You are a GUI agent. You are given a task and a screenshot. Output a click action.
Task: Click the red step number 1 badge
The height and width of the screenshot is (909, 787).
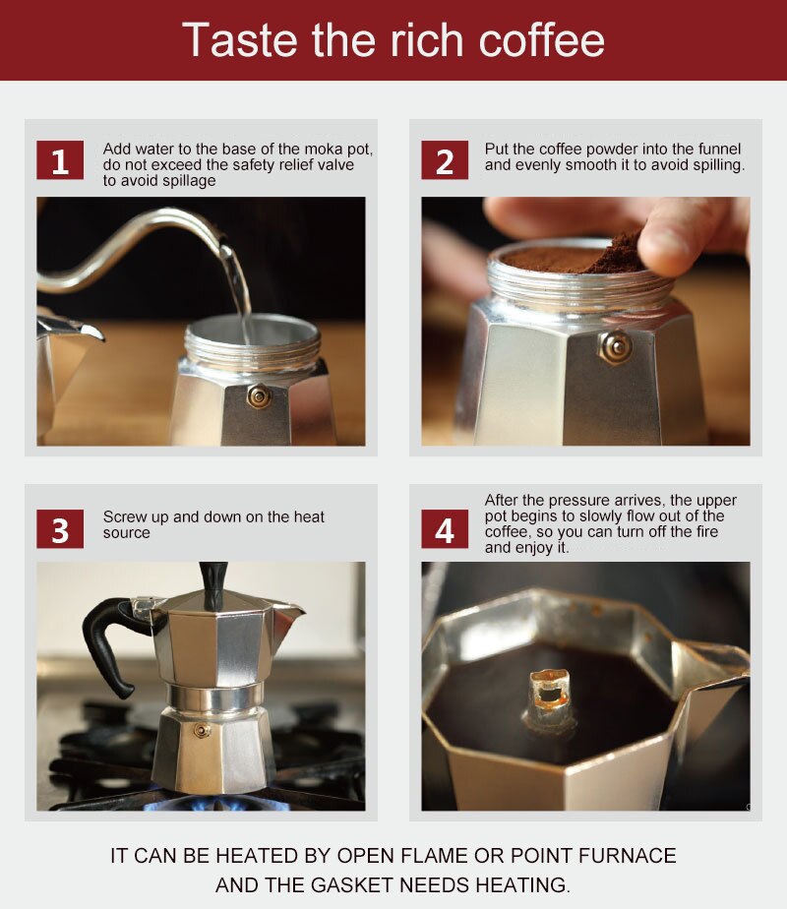click(60, 160)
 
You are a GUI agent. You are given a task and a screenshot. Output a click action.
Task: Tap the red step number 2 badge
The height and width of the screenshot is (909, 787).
click(445, 160)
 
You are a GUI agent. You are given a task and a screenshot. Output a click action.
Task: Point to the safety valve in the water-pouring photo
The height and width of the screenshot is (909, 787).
click(259, 395)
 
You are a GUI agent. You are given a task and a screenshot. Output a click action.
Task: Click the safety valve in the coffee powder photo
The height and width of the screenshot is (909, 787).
click(617, 346)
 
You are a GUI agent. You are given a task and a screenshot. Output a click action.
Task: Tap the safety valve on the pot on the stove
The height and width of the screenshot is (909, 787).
click(202, 730)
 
